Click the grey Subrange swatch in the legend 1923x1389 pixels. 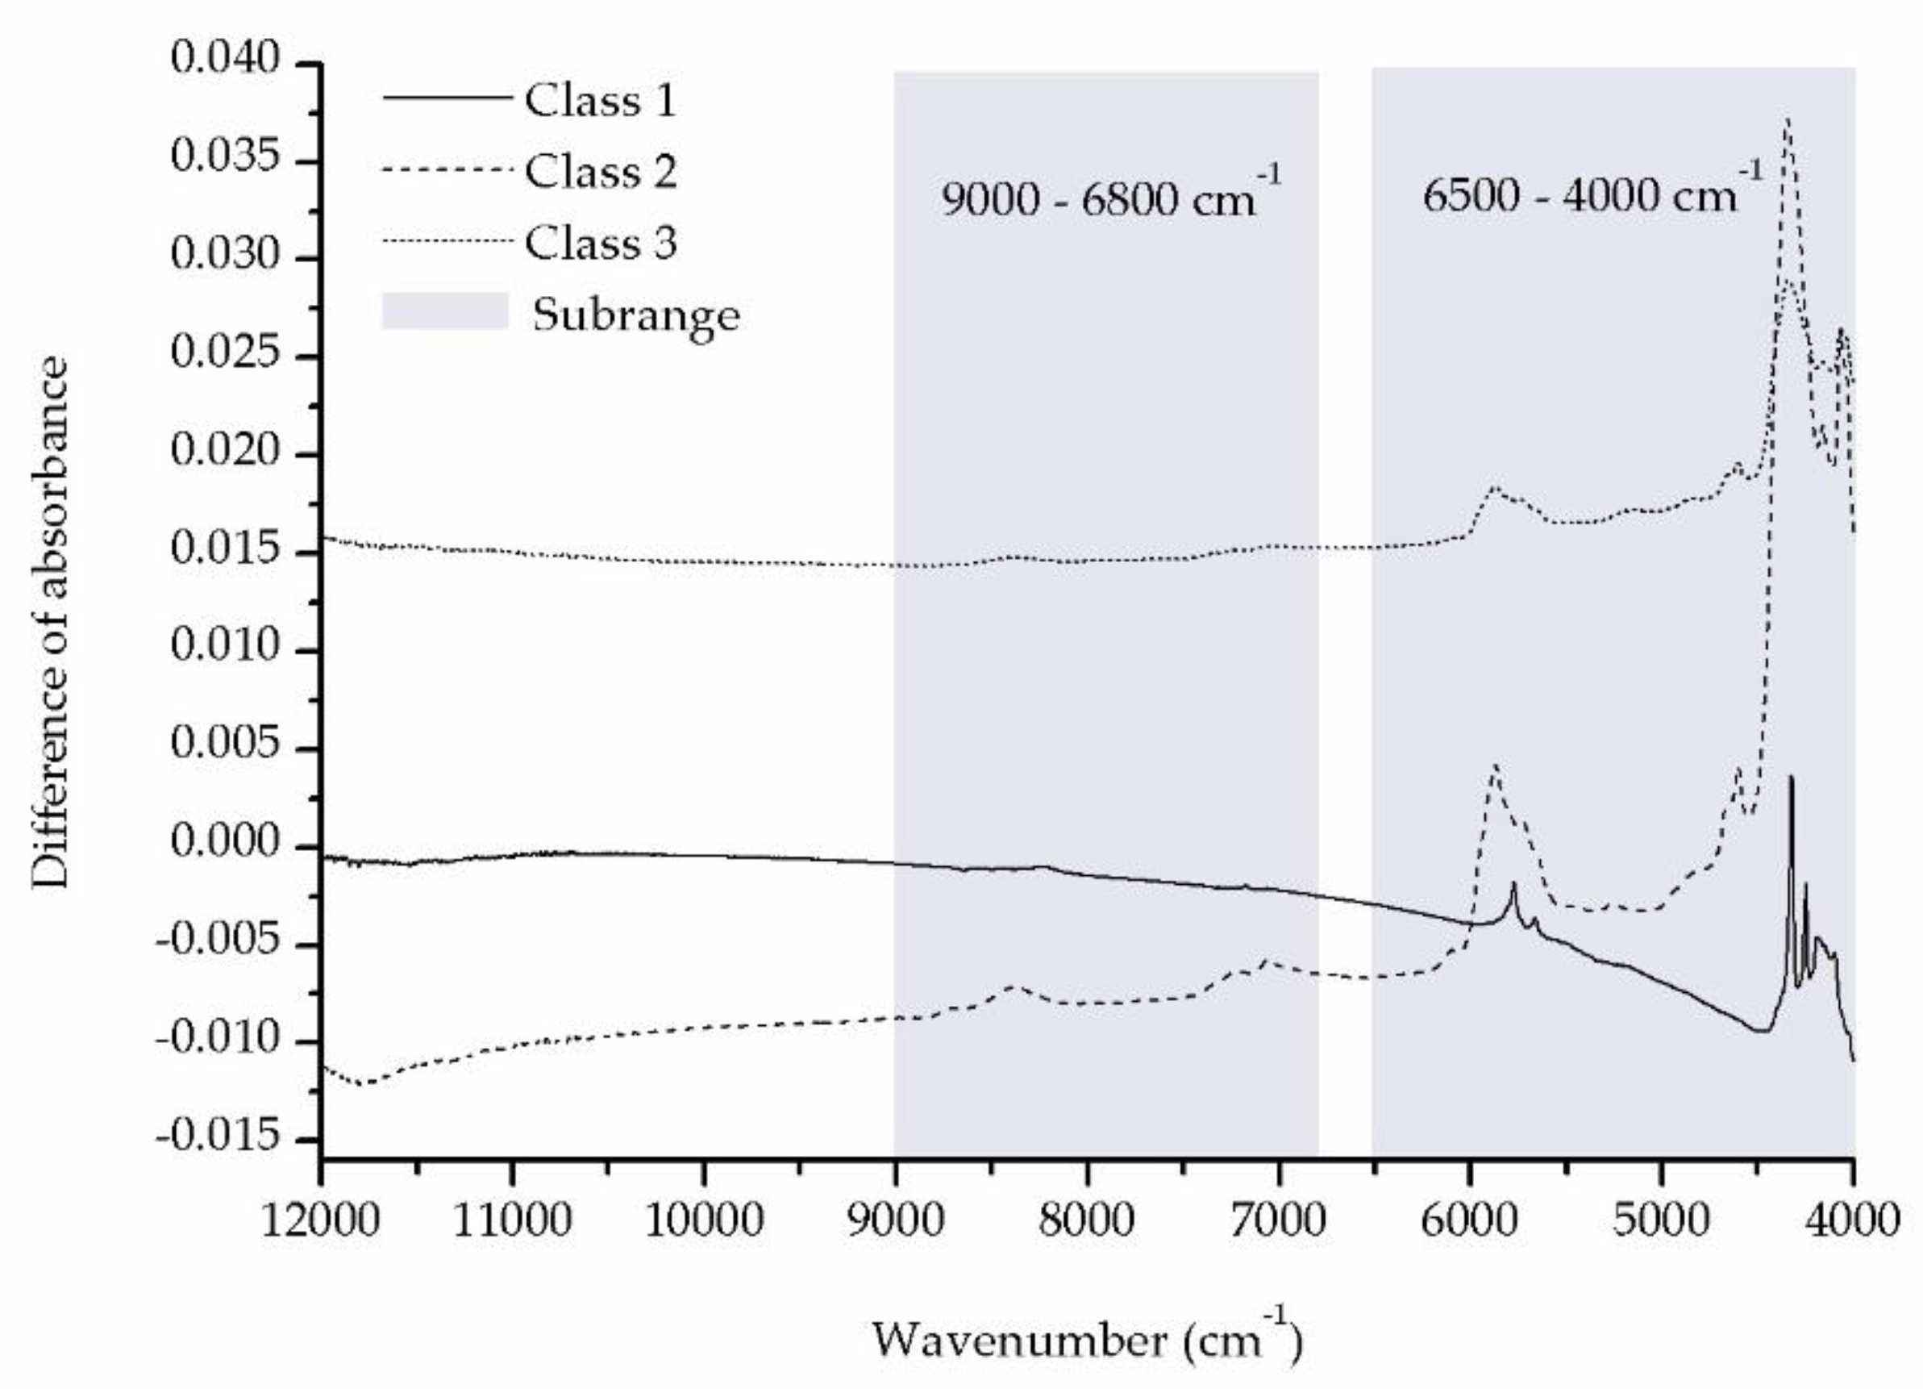(445, 311)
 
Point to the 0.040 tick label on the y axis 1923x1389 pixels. (225, 60)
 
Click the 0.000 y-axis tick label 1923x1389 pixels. (225, 843)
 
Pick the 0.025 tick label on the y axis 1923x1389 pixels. (225, 353)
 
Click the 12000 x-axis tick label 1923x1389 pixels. (321, 1222)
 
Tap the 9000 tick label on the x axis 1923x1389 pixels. (894, 1222)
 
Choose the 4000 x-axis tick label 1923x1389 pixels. (1854, 1222)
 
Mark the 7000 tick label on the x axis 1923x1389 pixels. (1279, 1222)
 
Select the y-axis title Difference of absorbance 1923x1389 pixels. (49, 624)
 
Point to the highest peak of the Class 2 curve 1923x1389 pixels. (1788, 121)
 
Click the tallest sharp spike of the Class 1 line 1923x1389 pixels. (1791, 777)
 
